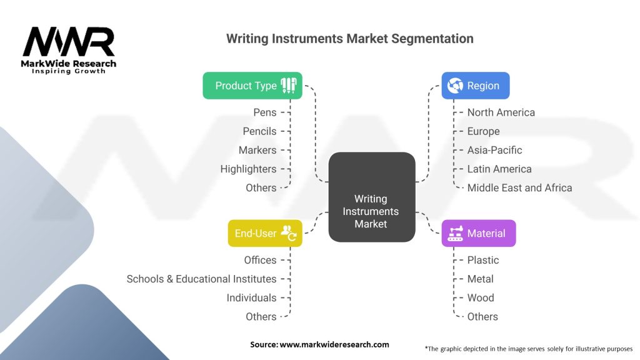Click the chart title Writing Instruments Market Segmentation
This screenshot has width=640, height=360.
349,39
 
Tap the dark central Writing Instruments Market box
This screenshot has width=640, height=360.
371,197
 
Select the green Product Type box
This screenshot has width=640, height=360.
252,86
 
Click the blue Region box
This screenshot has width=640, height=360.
476,86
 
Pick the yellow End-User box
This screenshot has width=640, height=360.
264,233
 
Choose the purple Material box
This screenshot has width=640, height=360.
478,233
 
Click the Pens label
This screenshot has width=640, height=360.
264,112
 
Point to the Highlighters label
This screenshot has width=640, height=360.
248,169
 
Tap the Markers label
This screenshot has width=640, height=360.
257,150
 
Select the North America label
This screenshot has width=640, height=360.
501,112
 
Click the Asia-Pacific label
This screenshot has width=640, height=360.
494,150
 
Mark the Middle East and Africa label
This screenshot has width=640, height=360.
519,187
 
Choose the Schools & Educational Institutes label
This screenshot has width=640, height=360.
201,279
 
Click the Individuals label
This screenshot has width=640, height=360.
251,297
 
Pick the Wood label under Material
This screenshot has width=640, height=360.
481,297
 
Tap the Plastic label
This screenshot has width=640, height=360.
483,260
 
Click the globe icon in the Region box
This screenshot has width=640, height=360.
455,86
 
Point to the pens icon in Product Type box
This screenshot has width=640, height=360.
289,85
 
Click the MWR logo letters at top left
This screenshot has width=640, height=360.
69,42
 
